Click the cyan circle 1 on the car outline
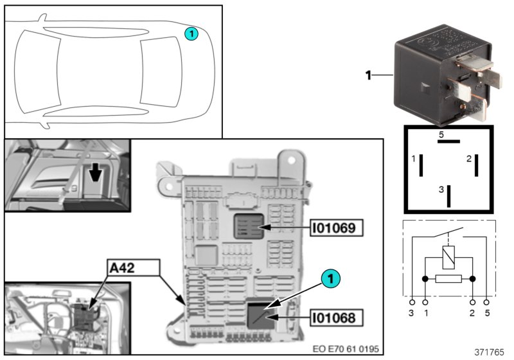pyautogui.click(x=191, y=33)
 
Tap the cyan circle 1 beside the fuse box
pyautogui.click(x=330, y=279)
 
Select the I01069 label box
pyautogui.click(x=333, y=228)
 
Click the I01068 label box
pyautogui.click(x=333, y=316)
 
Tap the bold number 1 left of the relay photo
pyautogui.click(x=369, y=76)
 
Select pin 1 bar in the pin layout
pyautogui.click(x=421, y=165)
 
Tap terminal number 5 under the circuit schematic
pyautogui.click(x=488, y=312)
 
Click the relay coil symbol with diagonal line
pyautogui.click(x=448, y=257)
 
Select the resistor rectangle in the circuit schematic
pyautogui.click(x=448, y=279)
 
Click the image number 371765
pyautogui.click(x=489, y=352)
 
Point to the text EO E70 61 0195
pyautogui.click(x=345, y=349)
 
